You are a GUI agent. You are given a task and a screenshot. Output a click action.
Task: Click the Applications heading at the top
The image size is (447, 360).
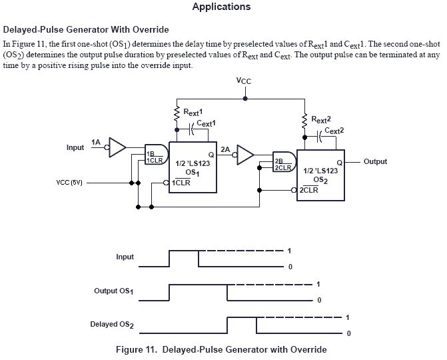[x=221, y=7]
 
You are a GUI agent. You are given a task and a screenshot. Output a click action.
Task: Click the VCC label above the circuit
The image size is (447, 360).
[x=244, y=81]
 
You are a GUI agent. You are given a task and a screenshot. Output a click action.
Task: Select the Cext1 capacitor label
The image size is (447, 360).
[x=207, y=124]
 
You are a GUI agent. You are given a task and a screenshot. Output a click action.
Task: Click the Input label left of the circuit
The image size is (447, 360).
[x=75, y=147]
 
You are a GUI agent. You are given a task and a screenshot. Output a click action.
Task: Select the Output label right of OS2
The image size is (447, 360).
[x=375, y=162]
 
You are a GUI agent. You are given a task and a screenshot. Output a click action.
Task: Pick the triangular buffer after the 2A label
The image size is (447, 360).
[x=246, y=155]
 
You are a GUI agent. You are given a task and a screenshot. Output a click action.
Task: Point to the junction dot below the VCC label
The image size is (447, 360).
[x=245, y=98]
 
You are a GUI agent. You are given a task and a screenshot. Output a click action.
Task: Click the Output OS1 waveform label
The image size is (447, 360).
[x=113, y=291]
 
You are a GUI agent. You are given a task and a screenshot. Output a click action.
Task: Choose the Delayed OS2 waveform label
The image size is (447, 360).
[x=112, y=325]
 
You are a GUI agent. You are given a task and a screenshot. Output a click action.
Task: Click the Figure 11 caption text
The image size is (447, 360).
[x=221, y=349]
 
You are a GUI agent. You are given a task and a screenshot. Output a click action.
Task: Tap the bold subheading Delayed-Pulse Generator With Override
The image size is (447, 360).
[x=86, y=29]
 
